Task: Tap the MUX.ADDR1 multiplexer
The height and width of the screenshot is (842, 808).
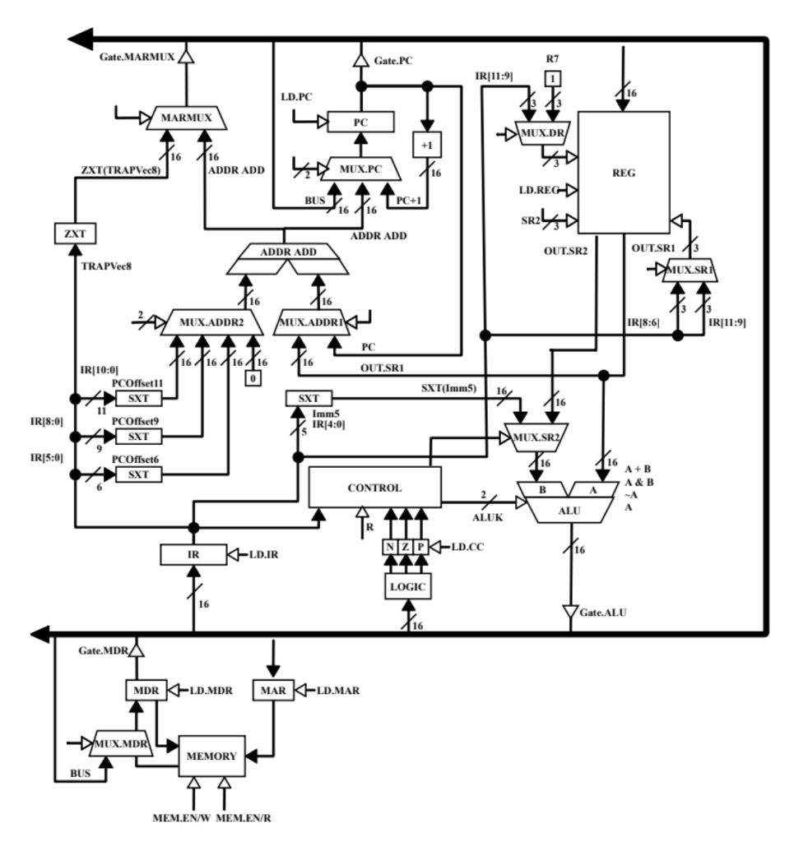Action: (314, 321)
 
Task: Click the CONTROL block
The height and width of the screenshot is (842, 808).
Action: (374, 487)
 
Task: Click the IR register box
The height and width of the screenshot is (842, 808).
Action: (193, 555)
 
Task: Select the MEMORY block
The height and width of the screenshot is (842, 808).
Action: (212, 756)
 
